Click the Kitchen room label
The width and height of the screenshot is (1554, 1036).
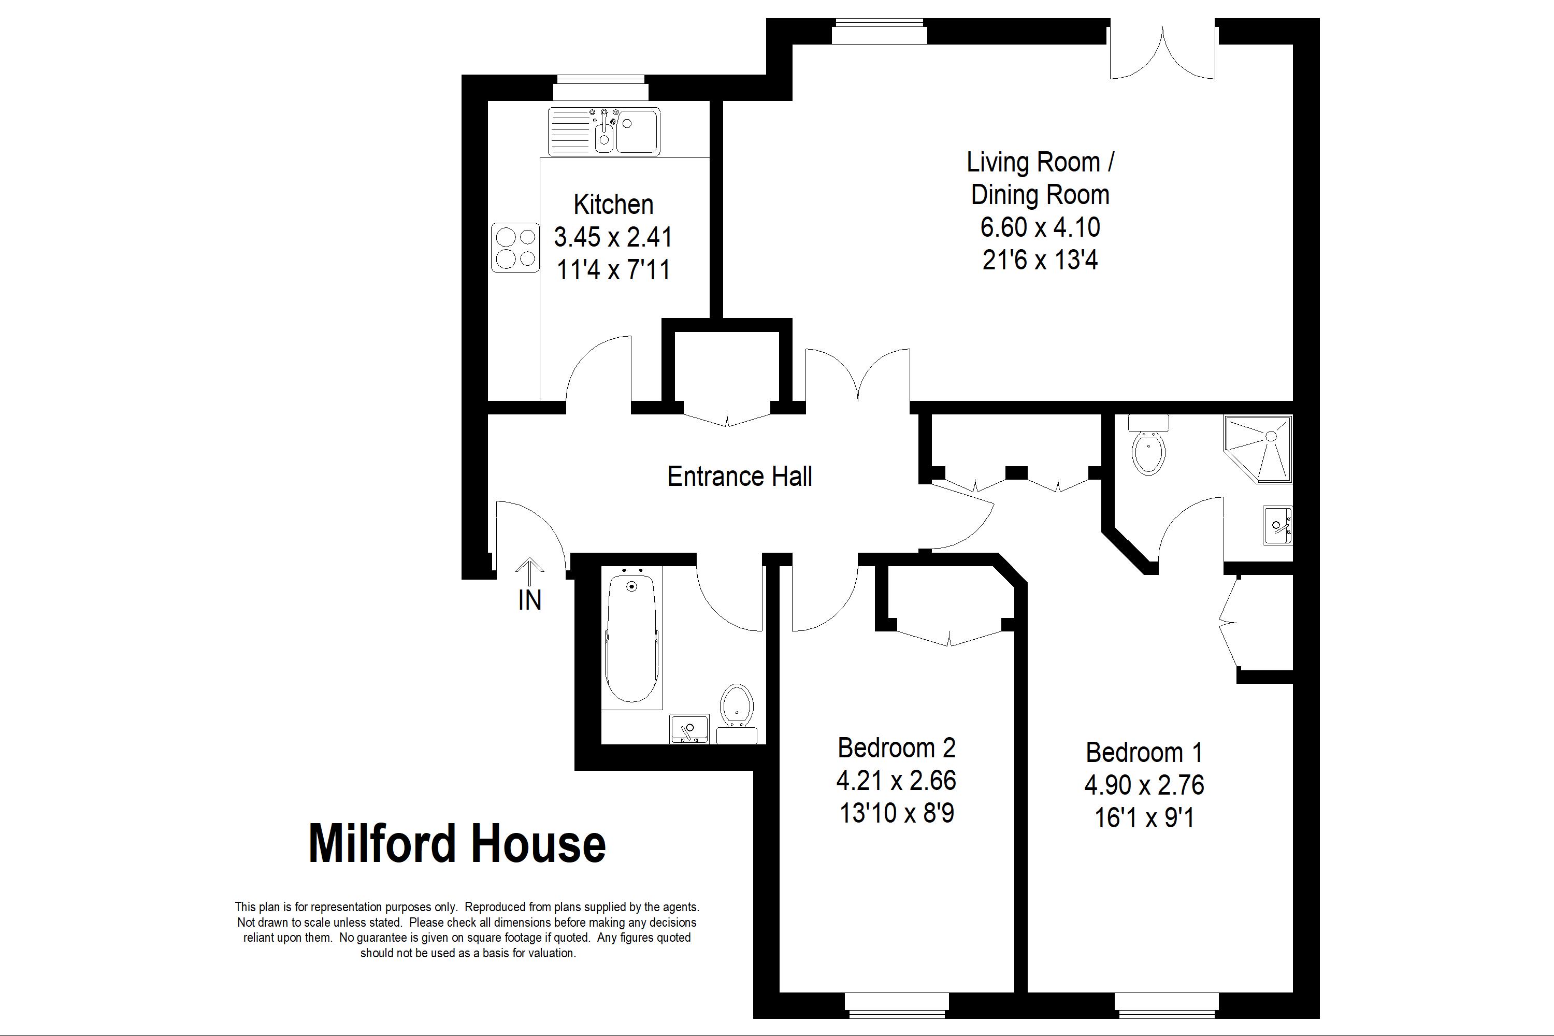(x=613, y=205)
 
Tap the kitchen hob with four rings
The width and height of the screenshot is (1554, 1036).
(x=515, y=248)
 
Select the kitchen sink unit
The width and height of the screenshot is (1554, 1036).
(x=604, y=132)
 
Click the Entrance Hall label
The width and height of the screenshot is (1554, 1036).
(x=739, y=477)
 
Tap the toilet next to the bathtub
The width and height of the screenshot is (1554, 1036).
(x=737, y=714)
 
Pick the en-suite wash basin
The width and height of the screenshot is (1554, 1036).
(x=1278, y=525)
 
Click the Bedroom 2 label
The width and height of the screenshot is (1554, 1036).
(x=897, y=748)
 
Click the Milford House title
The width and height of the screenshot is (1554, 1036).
(x=457, y=844)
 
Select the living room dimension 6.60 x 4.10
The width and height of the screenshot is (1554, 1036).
(x=1040, y=227)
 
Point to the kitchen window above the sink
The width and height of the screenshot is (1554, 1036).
(x=600, y=88)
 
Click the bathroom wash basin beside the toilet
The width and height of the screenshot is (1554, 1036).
(x=689, y=729)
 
